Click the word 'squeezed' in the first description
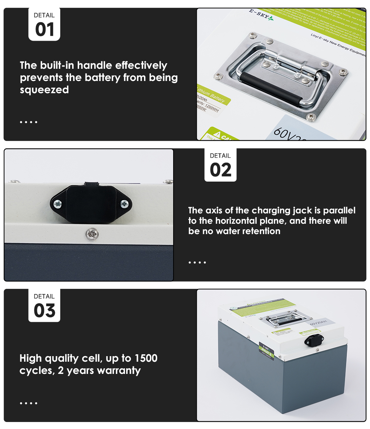pyautogui.click(x=44, y=90)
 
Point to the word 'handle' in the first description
pyautogui.click(x=95, y=65)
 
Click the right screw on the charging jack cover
pyautogui.click(x=124, y=203)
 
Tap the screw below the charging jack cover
pyautogui.click(x=90, y=233)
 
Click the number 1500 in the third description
pyautogui.click(x=146, y=358)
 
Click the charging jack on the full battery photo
pyautogui.click(x=314, y=339)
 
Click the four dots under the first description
pyautogui.click(x=28, y=122)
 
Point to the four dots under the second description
pyautogui.click(x=197, y=263)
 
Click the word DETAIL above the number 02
pyautogui.click(x=220, y=156)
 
